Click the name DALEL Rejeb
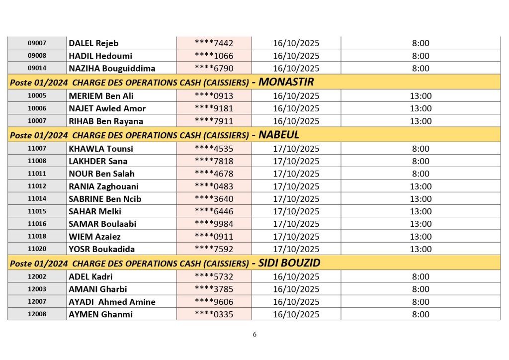pyautogui.click(x=93, y=43)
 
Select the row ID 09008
pyautogui.click(x=37, y=56)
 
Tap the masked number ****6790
pyautogui.click(x=214, y=69)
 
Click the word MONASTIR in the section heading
pyautogui.click(x=286, y=82)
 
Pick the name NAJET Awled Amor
pyautogui.click(x=107, y=108)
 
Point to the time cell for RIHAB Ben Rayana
pyautogui.click(x=421, y=121)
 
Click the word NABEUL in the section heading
pyautogui.click(x=279, y=135)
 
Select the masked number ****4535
pyautogui.click(x=214, y=149)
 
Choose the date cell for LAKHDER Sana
pyautogui.click(x=296, y=161)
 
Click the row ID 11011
pyautogui.click(x=37, y=174)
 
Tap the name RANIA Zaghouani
pyautogui.click(x=103, y=186)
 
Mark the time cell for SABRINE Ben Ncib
pyautogui.click(x=421, y=199)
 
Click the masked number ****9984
pyautogui.click(x=214, y=224)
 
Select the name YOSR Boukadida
pyautogui.click(x=102, y=249)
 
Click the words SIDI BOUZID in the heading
pyautogui.click(x=289, y=263)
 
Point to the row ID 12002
pyautogui.click(x=37, y=276)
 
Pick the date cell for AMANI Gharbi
pyautogui.click(x=296, y=289)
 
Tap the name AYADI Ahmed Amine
pyautogui.click(x=112, y=302)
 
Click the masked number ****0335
pyautogui.click(x=214, y=314)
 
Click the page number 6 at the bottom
pyautogui.click(x=254, y=335)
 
